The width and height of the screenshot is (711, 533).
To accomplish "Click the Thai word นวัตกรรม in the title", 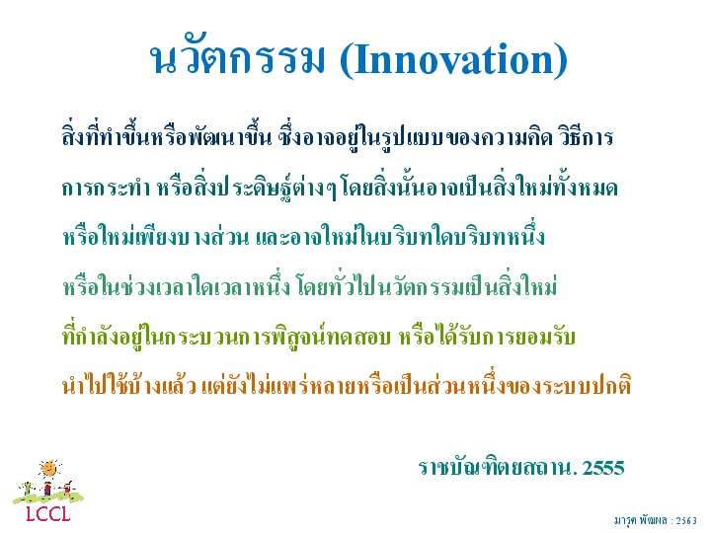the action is tap(238, 57).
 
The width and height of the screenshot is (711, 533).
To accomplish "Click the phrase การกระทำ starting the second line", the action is tap(107, 188).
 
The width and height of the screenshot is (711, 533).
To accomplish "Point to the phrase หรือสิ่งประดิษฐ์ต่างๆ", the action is tap(247, 188).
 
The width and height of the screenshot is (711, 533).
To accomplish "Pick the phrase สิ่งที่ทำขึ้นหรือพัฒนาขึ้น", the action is tap(167, 135).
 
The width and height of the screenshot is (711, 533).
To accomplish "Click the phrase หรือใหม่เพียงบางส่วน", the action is tap(156, 235).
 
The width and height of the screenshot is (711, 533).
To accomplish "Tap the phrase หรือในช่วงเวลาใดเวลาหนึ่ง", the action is tap(176, 285).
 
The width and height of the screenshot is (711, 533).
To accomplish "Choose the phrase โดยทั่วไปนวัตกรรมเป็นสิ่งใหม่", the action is tap(427, 284).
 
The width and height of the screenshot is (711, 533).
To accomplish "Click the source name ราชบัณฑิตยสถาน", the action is tap(498, 467).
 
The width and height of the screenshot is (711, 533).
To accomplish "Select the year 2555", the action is tap(603, 467).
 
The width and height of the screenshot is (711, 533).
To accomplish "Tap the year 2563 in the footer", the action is tap(686, 521).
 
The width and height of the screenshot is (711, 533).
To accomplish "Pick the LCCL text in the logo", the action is tap(48, 513).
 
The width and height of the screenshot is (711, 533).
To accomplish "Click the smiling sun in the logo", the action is tap(49, 469).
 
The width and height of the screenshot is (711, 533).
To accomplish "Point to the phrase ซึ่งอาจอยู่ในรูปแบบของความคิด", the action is tap(415, 136).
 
